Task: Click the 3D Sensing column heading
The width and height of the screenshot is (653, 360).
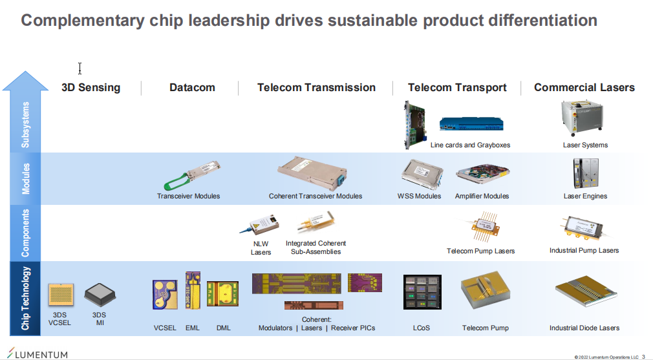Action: (91, 87)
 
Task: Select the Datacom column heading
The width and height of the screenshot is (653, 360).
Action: (192, 87)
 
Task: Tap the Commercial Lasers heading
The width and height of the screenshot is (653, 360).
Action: (584, 87)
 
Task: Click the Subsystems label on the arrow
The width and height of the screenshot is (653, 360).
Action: (25, 125)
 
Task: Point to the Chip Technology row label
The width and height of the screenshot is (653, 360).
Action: (25, 299)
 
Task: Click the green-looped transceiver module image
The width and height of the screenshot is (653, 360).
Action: (191, 176)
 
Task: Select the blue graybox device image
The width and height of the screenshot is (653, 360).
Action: (471, 123)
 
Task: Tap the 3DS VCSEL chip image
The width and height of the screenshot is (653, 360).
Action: (61, 295)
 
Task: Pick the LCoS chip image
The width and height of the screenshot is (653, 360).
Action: (422, 291)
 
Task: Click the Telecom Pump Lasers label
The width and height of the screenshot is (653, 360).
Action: (480, 251)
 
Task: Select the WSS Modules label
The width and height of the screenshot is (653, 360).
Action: (419, 196)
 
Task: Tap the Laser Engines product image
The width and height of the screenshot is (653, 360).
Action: (586, 173)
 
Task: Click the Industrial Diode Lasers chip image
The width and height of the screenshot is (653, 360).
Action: (586, 291)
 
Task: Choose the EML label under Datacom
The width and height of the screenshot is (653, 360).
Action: (193, 328)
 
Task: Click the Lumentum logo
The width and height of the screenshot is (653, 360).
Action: (37, 354)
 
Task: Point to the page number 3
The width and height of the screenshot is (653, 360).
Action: (643, 357)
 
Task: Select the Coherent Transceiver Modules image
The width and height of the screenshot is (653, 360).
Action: (312, 174)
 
